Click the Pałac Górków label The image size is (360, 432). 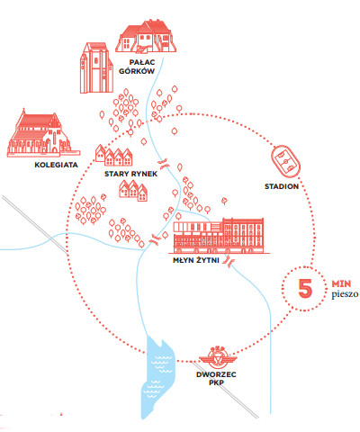137,67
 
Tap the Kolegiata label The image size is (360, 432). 56,165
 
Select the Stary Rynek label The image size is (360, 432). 130,174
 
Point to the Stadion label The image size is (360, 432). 282,186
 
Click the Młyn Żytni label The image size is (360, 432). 196,260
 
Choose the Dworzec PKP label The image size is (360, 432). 216,378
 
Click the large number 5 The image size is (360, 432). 305,288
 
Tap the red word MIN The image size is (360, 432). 341,283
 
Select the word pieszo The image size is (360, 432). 345,294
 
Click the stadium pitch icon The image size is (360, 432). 285,161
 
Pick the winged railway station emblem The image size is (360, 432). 218,357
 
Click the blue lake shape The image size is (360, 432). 157,375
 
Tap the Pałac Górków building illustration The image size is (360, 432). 146,36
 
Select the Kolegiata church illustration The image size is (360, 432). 43,133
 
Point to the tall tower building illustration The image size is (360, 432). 96,67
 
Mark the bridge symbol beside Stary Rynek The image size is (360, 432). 163,163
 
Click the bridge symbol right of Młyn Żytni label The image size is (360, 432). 229,261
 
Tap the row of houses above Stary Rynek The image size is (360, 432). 114,156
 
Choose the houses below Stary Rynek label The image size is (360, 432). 133,191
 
